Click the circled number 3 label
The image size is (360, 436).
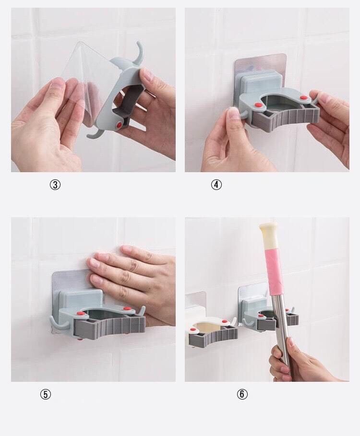click(x=55, y=185)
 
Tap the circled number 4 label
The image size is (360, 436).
click(x=216, y=185)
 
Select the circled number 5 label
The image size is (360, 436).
click(x=45, y=394)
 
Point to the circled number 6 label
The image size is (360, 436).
click(x=242, y=394)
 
